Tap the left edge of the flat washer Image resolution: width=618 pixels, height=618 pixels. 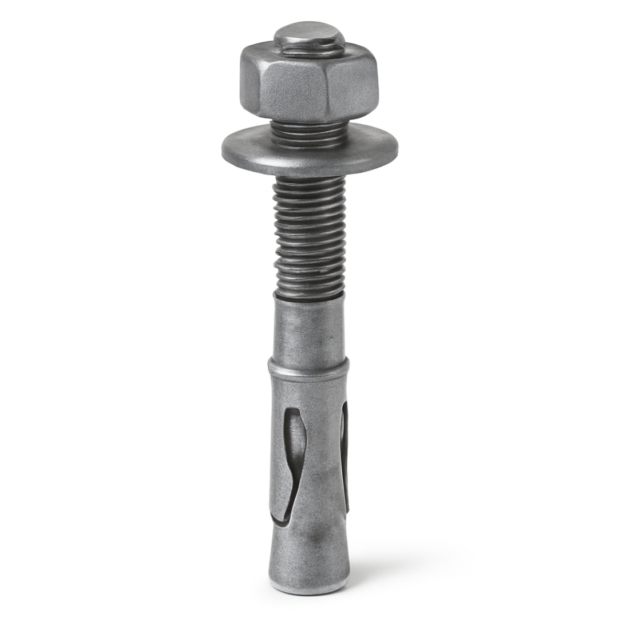(x=226, y=150)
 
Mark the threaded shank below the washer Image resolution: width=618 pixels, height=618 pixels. (x=309, y=229)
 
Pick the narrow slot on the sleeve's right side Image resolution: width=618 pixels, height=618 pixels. (x=344, y=452)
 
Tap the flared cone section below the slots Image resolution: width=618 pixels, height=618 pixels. (x=309, y=549)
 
